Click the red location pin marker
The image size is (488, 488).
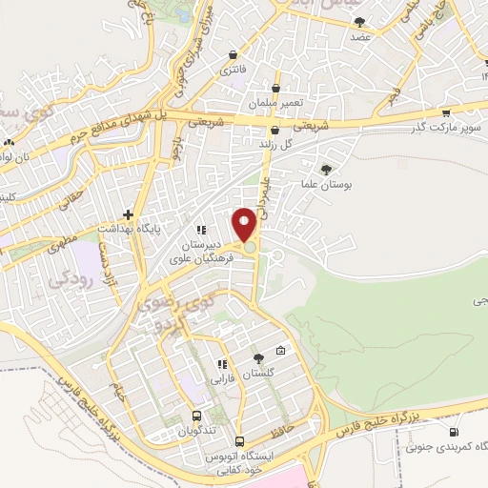245,226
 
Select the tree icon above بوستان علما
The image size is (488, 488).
329,169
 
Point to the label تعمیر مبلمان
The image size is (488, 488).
275,102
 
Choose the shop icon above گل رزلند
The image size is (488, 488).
275,130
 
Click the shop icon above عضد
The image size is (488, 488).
359,21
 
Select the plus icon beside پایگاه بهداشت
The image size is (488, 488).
129,215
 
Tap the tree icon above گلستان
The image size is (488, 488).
257,358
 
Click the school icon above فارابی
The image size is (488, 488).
222,363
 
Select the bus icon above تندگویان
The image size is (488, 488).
197,417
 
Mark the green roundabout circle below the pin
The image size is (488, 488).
250,248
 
